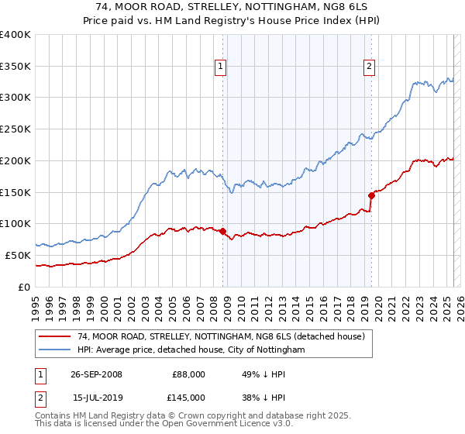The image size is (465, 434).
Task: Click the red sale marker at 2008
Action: click(x=222, y=231)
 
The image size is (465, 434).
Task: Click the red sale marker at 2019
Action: click(x=371, y=195)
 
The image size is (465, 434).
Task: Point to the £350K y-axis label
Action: click(x=15, y=67)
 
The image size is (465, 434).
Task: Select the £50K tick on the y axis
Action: click(x=19, y=255)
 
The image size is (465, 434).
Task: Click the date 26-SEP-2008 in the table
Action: click(x=93, y=374)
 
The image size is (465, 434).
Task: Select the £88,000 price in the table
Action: click(x=187, y=374)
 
